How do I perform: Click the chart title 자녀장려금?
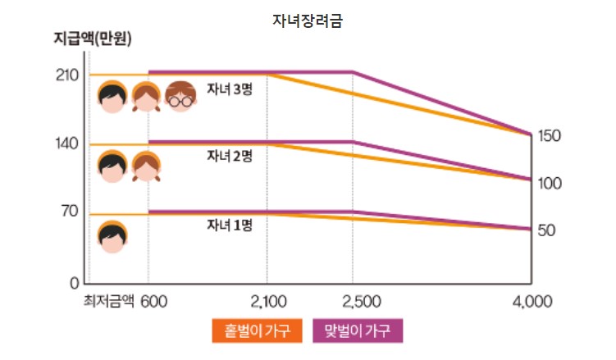point(307,21)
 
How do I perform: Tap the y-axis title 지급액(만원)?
point(86,39)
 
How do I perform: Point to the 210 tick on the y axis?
point(68,75)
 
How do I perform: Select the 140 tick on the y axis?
point(68,144)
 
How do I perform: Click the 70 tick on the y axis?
point(70,212)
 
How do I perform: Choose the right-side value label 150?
point(549,136)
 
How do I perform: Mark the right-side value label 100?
point(549,183)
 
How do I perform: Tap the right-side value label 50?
point(547,230)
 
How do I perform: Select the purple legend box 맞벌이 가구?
point(358,330)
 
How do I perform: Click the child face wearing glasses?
point(180,98)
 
